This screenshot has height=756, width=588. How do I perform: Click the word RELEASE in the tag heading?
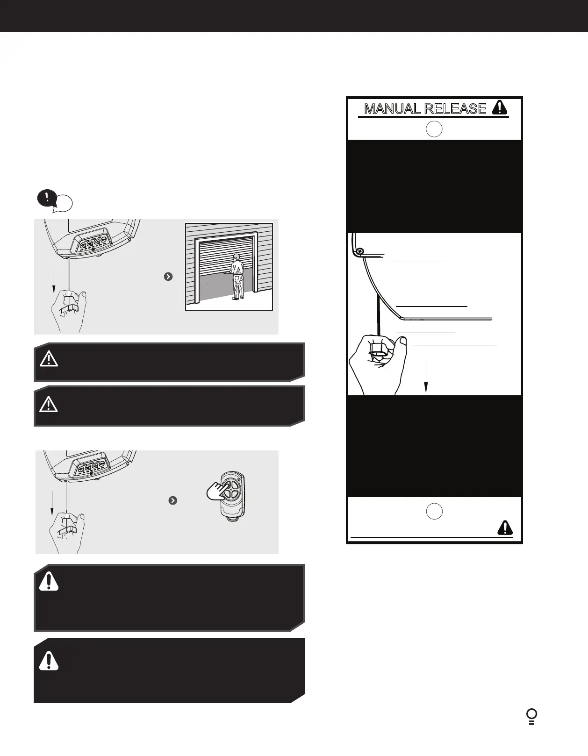(x=455, y=109)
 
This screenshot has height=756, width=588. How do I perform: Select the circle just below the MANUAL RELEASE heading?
(x=434, y=129)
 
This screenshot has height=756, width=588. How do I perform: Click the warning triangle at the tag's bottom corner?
(x=505, y=528)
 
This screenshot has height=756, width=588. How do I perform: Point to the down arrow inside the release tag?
(x=426, y=374)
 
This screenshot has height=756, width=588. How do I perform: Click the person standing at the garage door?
(x=237, y=276)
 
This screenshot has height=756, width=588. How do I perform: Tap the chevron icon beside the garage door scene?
(x=169, y=277)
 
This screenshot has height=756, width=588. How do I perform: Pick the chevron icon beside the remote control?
(x=172, y=500)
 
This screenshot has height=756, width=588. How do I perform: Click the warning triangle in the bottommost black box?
(x=49, y=661)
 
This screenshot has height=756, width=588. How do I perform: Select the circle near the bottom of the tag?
(x=434, y=511)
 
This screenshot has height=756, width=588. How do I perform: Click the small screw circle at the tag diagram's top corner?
(x=359, y=252)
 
